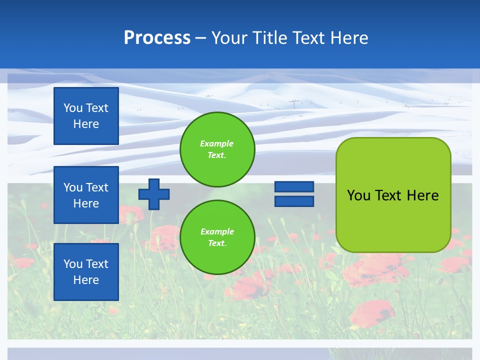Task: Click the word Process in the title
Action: coord(157,38)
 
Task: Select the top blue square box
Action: coord(86,116)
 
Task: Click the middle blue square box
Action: coord(86,195)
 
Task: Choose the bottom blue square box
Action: coord(86,272)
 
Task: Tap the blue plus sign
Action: coord(154,194)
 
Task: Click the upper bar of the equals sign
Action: coord(294,186)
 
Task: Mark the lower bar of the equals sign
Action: coord(294,201)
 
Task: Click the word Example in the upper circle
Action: coord(217,143)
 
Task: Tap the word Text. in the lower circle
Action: coord(217,243)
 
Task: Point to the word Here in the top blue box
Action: coord(86,124)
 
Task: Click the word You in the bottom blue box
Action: coord(73,264)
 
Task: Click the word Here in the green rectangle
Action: coord(422,195)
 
